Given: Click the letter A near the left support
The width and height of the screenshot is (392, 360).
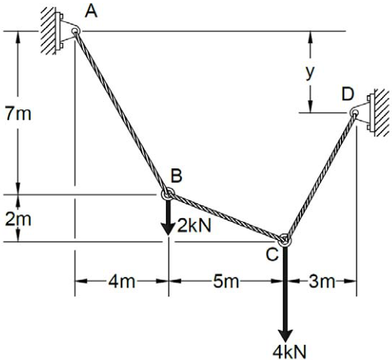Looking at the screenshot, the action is point(91,11).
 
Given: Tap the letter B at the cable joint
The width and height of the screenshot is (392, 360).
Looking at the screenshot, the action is point(176,175).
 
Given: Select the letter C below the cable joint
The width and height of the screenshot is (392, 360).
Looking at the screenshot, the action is point(272,254).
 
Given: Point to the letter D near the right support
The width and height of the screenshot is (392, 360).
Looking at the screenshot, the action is point(348,94).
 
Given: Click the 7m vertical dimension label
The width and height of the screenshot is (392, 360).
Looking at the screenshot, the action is point(18,114).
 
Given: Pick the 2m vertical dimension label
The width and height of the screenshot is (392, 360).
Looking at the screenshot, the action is point(18,219).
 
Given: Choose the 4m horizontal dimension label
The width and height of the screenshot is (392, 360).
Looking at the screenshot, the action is point(121,282).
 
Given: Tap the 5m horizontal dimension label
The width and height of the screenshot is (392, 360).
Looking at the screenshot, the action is point(226,282).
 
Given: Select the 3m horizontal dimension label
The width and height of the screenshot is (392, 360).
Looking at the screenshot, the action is point(322,282).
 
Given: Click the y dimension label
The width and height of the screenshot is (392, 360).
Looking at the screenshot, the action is point(310,73).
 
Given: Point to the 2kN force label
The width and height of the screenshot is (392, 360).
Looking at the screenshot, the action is point(194,226).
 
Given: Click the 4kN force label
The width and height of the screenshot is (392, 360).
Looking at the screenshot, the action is point(289,352).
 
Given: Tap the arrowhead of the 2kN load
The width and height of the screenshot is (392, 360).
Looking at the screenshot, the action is point(168,228).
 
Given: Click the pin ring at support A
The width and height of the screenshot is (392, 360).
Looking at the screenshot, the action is point(75,31).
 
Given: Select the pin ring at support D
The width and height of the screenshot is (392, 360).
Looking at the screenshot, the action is point(354,112).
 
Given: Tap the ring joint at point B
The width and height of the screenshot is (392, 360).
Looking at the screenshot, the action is point(167,194).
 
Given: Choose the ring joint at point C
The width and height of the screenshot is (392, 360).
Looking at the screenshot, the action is point(285,239).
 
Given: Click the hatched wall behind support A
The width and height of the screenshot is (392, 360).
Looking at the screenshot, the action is point(48,31).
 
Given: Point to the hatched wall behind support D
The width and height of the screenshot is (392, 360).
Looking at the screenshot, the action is point(381,112).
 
